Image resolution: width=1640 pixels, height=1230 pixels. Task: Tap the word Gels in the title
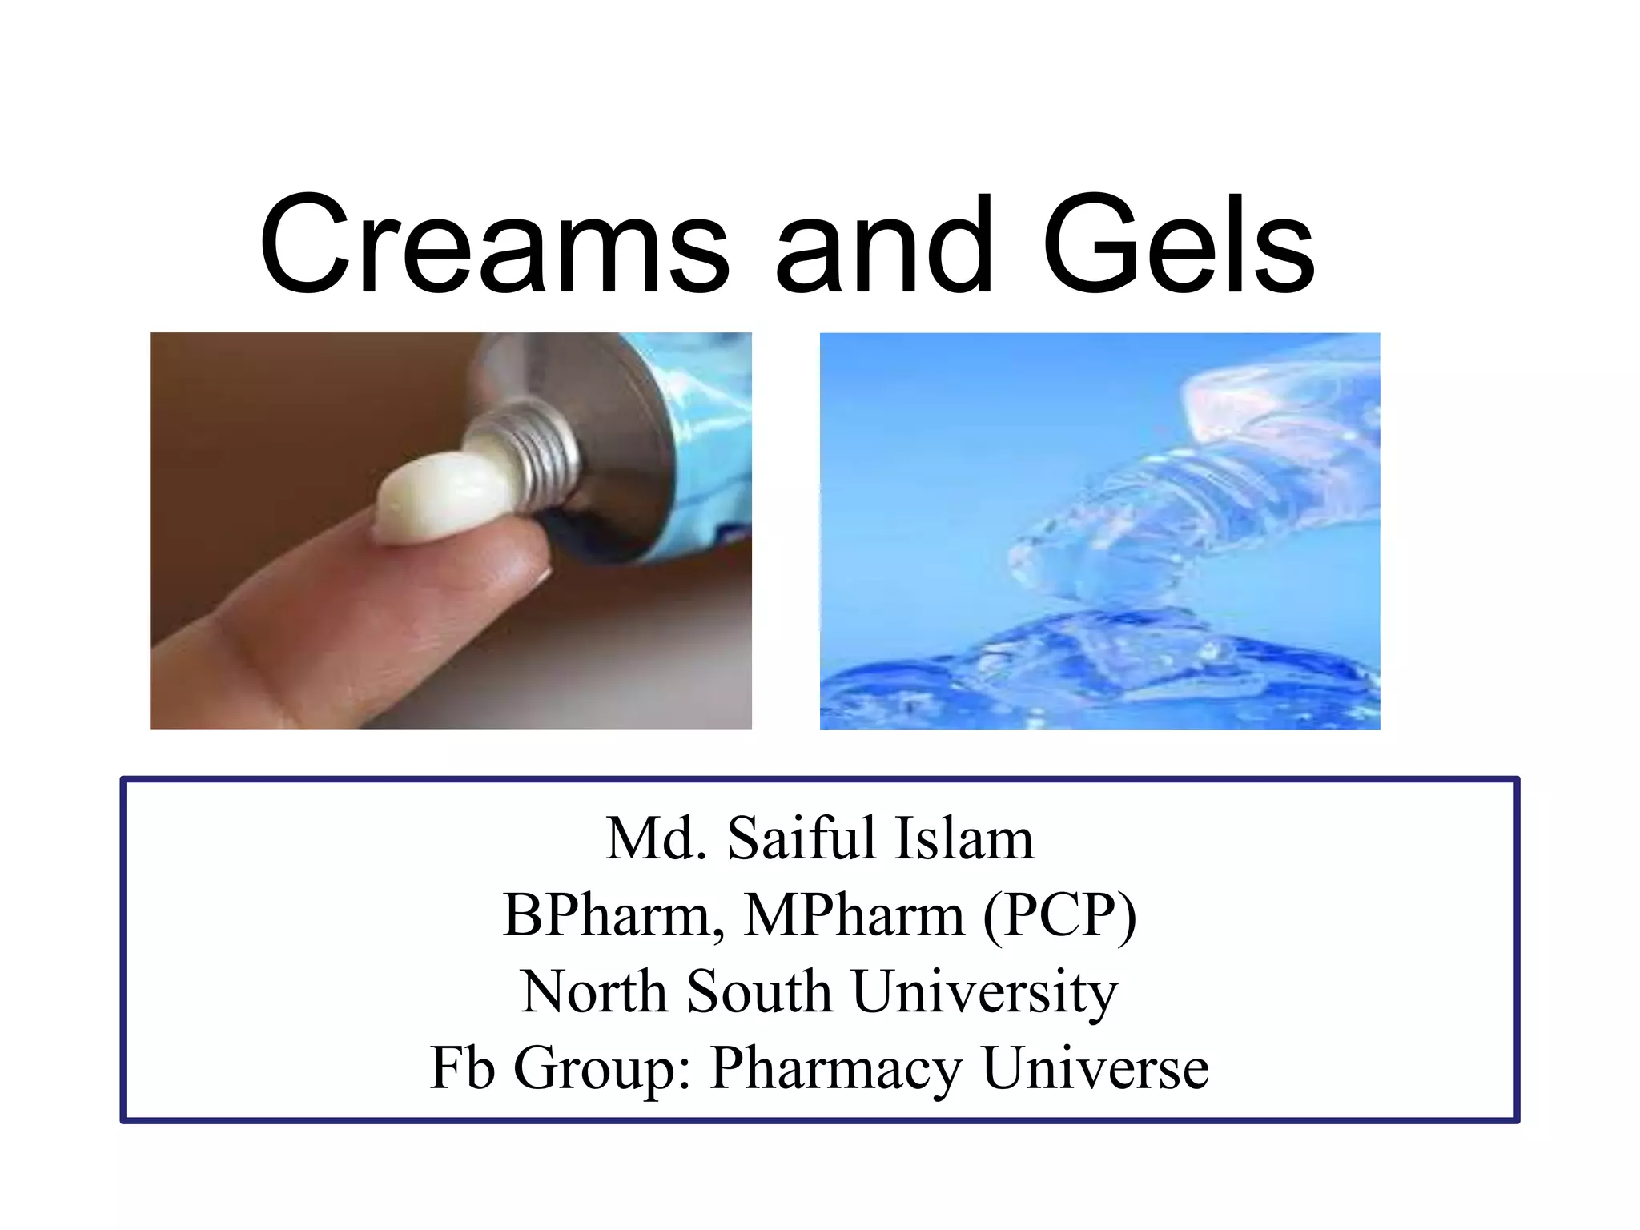1178,244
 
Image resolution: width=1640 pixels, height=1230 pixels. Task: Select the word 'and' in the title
884,244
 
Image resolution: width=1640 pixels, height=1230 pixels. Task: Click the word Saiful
802,838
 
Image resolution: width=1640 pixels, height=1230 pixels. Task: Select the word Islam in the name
964,838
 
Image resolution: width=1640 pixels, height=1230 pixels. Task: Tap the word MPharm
854,915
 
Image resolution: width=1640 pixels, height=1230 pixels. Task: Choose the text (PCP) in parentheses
1059,915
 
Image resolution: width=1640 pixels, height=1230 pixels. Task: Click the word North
593,991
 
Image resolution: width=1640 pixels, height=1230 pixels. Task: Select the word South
759,991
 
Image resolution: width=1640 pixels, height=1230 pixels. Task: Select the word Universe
1095,1067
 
